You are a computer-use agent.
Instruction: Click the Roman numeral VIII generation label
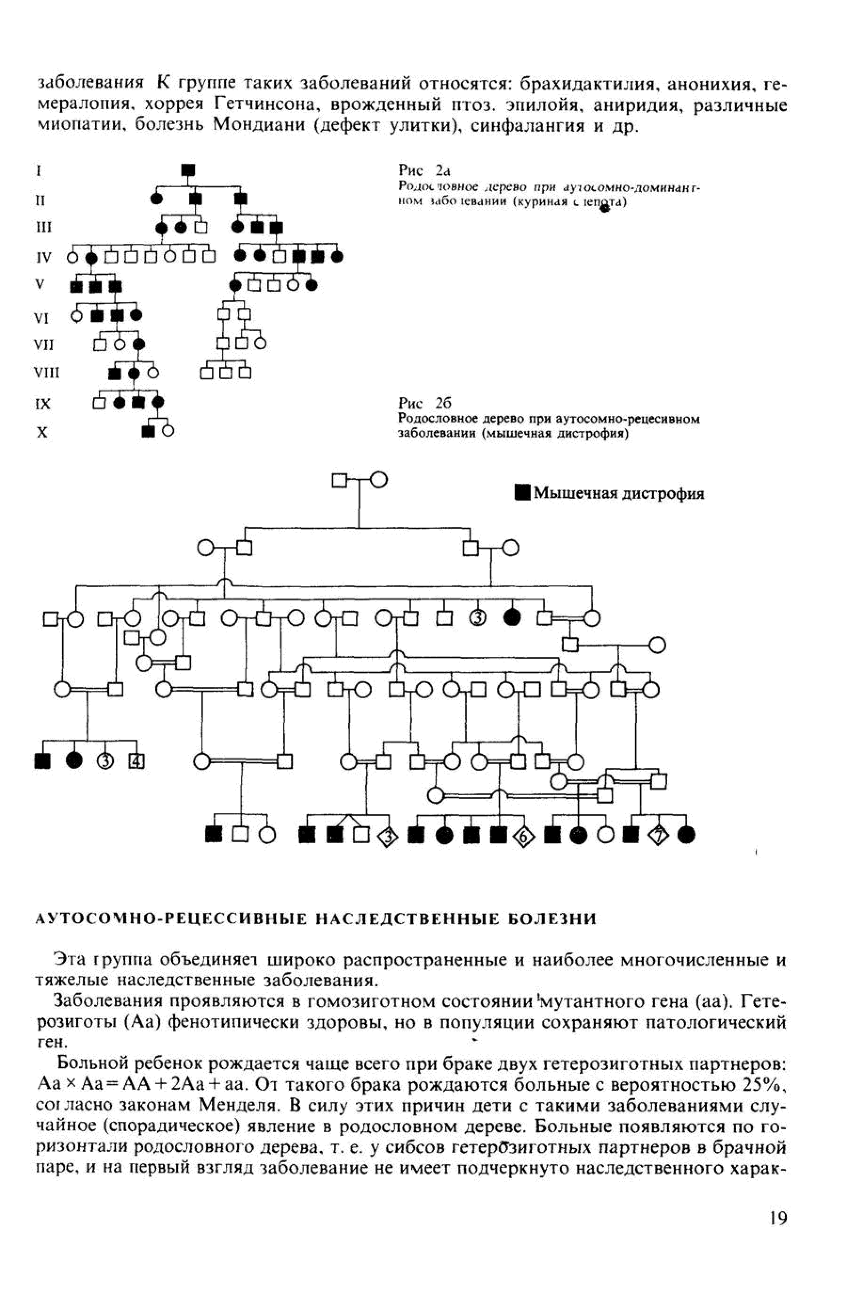(47, 373)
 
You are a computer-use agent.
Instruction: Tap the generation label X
(42, 432)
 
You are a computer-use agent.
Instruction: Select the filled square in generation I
(188, 170)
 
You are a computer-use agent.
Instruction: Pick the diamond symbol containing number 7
(658, 836)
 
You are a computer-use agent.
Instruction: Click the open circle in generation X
(168, 432)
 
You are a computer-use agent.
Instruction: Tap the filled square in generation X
(147, 432)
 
